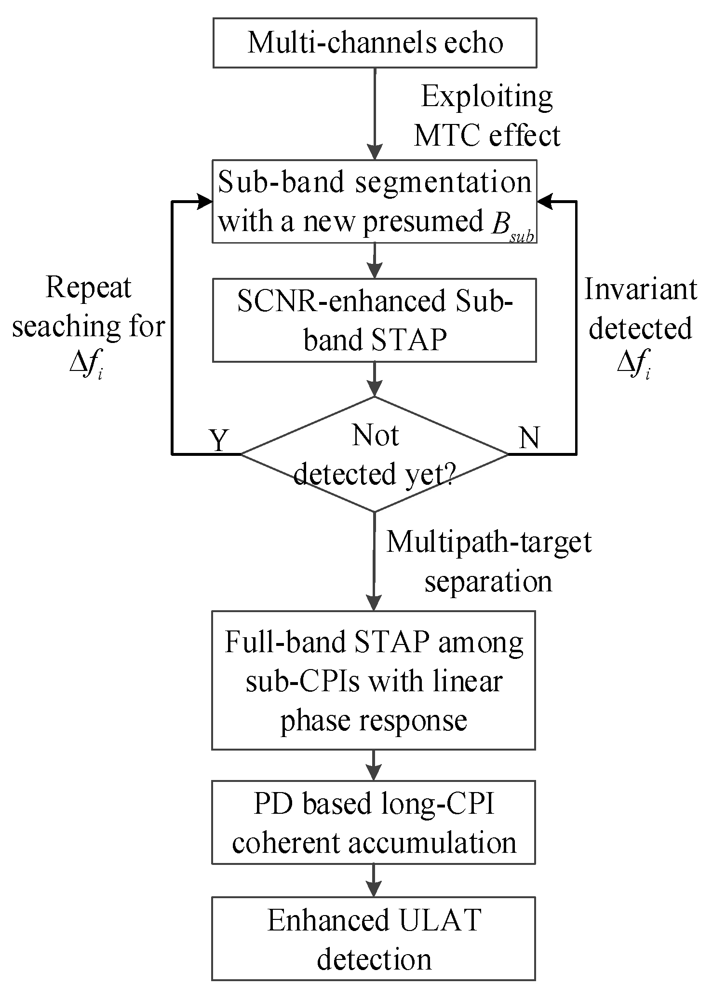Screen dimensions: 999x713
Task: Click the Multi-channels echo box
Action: click(375, 42)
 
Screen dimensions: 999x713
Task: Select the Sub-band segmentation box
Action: click(375, 201)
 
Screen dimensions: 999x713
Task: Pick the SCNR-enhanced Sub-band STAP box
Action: click(375, 320)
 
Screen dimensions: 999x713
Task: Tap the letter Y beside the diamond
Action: click(219, 439)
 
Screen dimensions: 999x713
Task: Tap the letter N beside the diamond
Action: click(529, 438)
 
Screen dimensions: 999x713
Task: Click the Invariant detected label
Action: click(641, 309)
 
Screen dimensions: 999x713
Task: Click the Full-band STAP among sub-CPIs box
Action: click(374, 680)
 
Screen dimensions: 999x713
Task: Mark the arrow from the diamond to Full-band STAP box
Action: click(375, 560)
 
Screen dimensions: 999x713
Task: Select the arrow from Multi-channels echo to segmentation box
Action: click(375, 113)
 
